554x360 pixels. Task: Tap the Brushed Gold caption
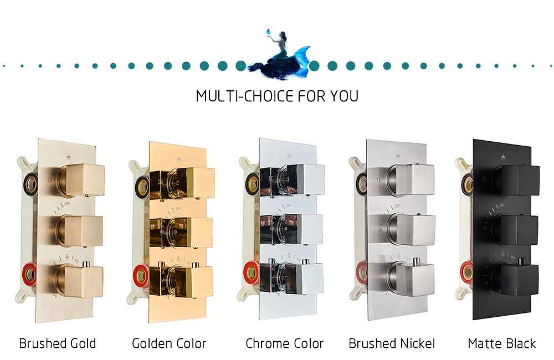point(57,343)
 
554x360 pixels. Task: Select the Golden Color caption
point(169,343)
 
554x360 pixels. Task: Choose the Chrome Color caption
point(285,343)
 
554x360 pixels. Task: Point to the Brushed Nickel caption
point(392,343)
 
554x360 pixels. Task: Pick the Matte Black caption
point(502,343)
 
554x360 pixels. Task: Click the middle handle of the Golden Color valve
point(189,232)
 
